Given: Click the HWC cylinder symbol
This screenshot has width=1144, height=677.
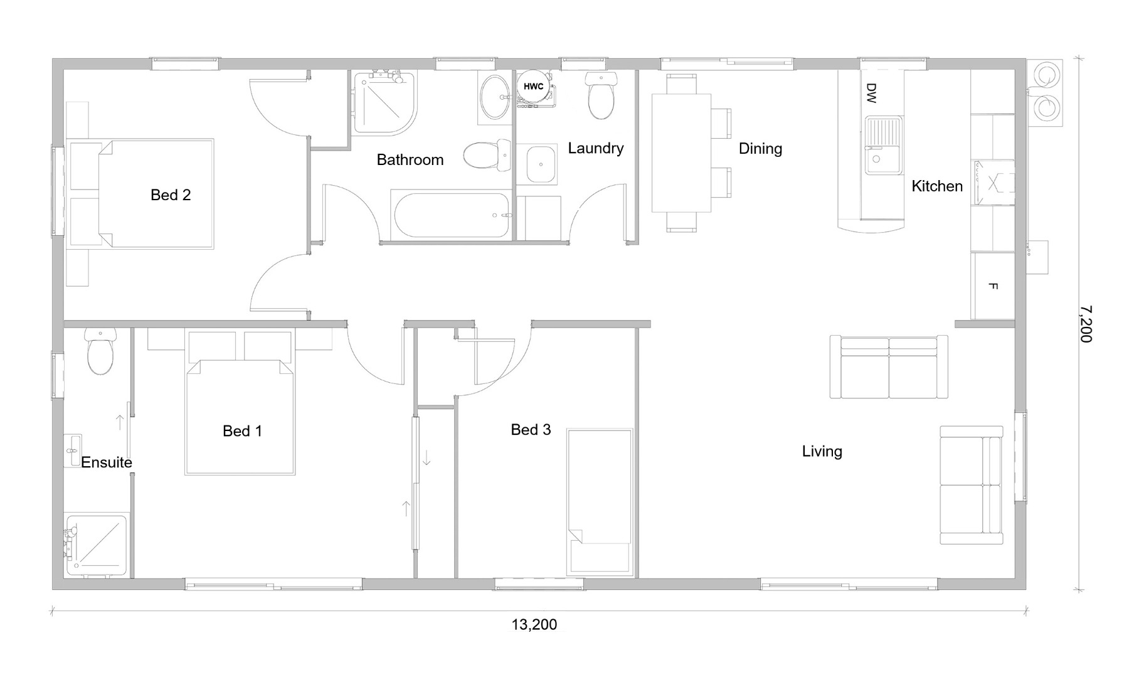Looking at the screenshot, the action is click(x=534, y=87).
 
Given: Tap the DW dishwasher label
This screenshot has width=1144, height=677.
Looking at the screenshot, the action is click(x=871, y=93).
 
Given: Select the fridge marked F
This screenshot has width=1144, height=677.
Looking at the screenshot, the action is click(x=993, y=285).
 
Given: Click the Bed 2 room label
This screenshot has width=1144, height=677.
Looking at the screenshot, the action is click(x=171, y=195).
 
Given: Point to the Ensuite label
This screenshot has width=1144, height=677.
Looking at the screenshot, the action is click(x=107, y=462).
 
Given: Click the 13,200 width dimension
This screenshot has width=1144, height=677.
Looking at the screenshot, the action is click(x=534, y=624).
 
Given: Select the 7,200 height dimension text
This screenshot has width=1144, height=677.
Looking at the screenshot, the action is click(x=1086, y=324).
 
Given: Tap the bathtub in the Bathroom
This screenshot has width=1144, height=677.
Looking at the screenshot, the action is click(x=452, y=215).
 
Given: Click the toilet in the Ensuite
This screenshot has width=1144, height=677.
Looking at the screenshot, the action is click(x=100, y=351).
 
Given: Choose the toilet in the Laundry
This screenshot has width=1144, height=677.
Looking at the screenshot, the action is click(x=601, y=95).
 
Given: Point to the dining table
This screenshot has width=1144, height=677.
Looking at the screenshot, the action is click(x=681, y=153).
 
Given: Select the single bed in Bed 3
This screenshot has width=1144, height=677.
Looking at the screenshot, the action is click(x=599, y=502).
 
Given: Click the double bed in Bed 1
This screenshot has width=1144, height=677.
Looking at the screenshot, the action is click(x=241, y=417).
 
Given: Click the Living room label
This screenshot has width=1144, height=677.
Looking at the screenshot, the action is click(x=822, y=451).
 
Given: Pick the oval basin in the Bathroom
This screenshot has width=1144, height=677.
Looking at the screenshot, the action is click(x=495, y=97).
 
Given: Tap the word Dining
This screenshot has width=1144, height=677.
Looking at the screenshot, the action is click(x=760, y=149).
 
